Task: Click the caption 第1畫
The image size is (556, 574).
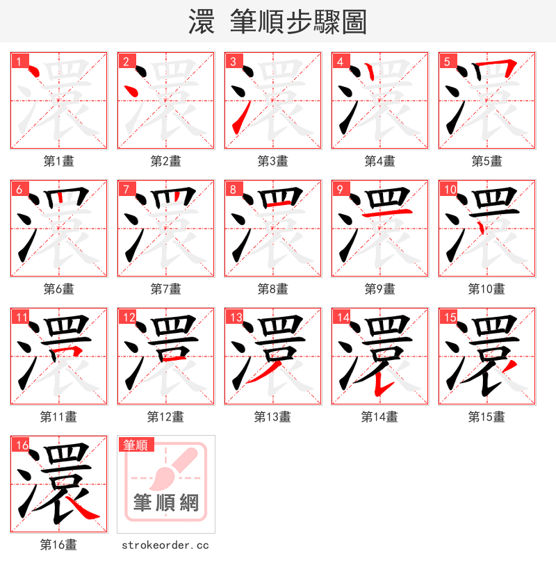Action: click(59, 161)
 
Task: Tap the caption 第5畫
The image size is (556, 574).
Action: click(486, 161)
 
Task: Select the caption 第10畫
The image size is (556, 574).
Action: click(486, 289)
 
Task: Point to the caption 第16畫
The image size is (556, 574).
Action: click(59, 545)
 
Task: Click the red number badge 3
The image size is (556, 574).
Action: click(233, 61)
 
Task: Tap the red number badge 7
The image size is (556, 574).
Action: click(126, 189)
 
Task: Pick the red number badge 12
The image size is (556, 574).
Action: click(127, 317)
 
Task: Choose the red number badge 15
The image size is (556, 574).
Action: click(448, 317)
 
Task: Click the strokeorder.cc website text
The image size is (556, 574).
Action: click(165, 545)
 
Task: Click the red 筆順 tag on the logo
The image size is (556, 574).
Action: click(136, 445)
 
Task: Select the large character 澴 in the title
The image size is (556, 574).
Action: click(200, 22)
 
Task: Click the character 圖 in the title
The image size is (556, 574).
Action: click(354, 22)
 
